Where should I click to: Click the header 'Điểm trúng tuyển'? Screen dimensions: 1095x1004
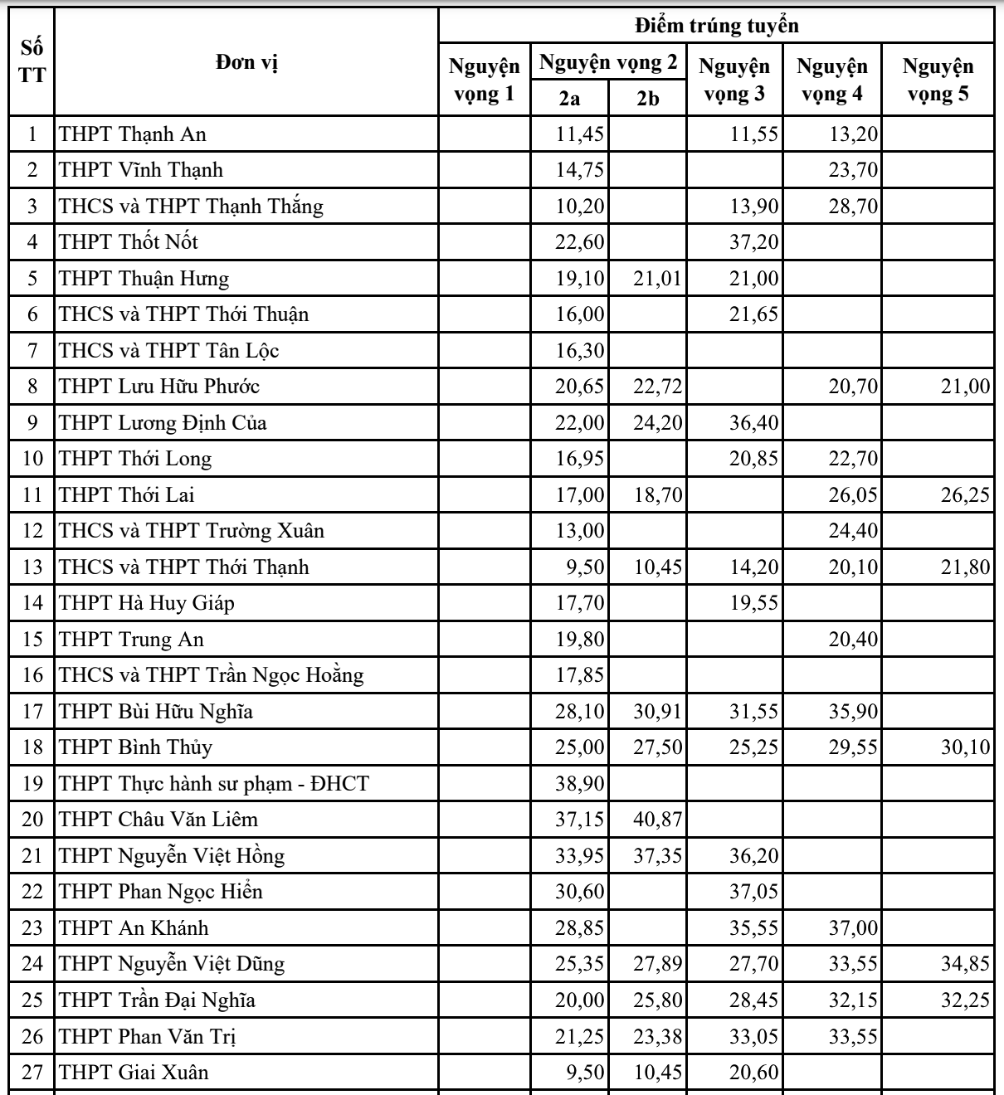tap(716, 26)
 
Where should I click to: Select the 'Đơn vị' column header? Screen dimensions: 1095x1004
tap(246, 62)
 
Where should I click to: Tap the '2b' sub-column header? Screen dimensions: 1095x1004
tap(648, 98)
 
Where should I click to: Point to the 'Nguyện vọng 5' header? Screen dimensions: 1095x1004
tap(938, 80)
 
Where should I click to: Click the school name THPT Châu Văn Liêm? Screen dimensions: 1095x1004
tap(158, 820)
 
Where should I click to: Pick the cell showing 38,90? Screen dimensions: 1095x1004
tap(580, 783)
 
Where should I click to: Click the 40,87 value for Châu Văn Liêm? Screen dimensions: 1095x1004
tap(657, 820)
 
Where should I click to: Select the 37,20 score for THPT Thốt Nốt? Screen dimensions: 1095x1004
tap(753, 242)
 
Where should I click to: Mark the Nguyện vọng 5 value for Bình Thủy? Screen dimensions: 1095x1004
tap(965, 747)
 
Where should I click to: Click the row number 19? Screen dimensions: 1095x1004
tap(32, 783)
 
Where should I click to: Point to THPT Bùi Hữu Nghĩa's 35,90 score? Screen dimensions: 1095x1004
tap(852, 712)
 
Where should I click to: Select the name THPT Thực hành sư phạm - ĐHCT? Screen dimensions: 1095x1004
tap(214, 783)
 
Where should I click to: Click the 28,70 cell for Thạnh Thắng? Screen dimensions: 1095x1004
tap(852, 207)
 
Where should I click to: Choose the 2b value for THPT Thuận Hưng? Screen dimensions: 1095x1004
tap(657, 279)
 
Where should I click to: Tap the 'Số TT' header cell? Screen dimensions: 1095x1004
tap(32, 62)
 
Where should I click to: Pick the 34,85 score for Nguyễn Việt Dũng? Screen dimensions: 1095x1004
tap(965, 964)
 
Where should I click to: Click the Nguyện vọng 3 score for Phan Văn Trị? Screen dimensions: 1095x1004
tap(753, 1036)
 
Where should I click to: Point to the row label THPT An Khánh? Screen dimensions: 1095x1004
tap(134, 927)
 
